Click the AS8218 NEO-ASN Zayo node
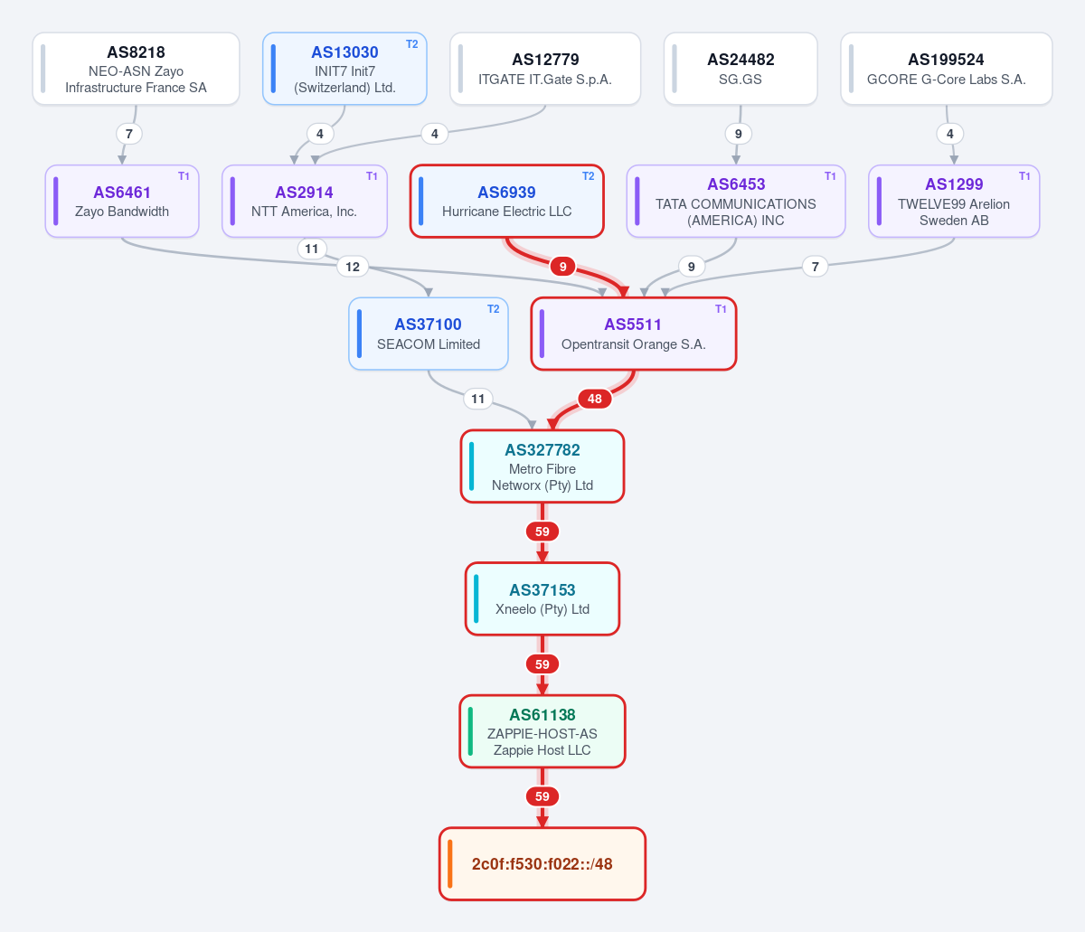coord(136,69)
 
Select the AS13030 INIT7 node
coord(344,69)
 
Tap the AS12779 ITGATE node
coord(545,69)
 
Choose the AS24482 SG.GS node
coord(741,69)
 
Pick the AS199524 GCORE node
coord(946,69)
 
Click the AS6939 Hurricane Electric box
coord(506,201)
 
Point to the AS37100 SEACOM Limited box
coord(429,334)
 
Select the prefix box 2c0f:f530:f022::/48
coord(542,864)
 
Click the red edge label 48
coord(595,399)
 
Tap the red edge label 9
coord(562,267)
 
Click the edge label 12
coord(353,267)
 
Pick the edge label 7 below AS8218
coord(129,134)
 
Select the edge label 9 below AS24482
coord(738,134)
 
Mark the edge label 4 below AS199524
coord(949,134)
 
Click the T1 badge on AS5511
coord(721,309)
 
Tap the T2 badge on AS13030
coord(412,44)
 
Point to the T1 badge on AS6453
coord(830,176)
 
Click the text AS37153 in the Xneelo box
coord(542,590)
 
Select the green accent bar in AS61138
coord(470,731)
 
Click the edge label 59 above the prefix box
coord(542,796)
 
